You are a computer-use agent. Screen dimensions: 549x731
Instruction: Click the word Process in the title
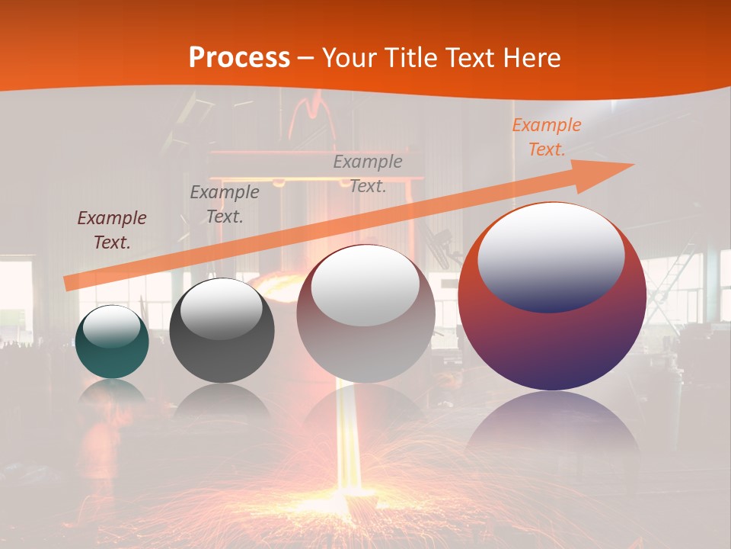pyautogui.click(x=239, y=57)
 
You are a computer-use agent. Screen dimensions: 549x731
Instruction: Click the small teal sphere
pyautogui.click(x=112, y=354)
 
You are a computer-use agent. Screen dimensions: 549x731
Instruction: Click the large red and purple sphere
pyautogui.click(x=552, y=343)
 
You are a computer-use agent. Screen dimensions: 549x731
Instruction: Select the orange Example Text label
pyautogui.click(x=547, y=137)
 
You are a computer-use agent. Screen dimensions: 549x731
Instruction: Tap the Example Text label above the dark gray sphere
pyautogui.click(x=224, y=204)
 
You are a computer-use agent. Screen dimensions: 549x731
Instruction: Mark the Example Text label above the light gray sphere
pyautogui.click(x=368, y=173)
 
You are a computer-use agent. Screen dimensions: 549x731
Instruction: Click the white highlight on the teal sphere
pyautogui.click(x=112, y=326)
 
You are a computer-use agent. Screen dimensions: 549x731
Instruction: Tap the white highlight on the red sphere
pyautogui.click(x=551, y=257)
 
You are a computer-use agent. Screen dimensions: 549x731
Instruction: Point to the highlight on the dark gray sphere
pyautogui.click(x=221, y=308)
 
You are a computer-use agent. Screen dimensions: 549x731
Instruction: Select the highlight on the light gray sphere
pyautogui.click(x=365, y=285)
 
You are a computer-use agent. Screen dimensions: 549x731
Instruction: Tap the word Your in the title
pyautogui.click(x=349, y=57)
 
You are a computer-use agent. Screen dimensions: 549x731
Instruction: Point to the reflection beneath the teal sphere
pyautogui.click(x=112, y=393)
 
